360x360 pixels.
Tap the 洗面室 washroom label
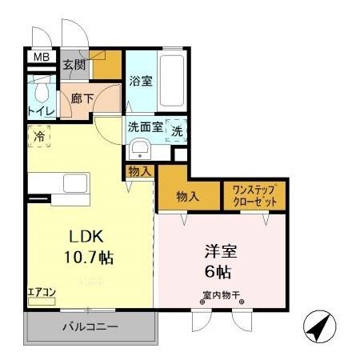146,127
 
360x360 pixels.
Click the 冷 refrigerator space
38,137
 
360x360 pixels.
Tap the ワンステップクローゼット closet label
254,197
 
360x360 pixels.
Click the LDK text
84,238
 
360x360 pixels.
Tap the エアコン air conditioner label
42,293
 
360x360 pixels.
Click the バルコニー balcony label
90,326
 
